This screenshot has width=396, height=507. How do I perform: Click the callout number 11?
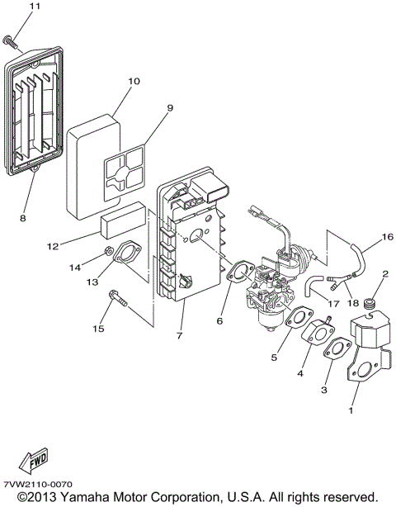pyautogui.click(x=11, y=7)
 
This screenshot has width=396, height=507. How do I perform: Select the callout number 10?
pyautogui.click(x=134, y=82)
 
